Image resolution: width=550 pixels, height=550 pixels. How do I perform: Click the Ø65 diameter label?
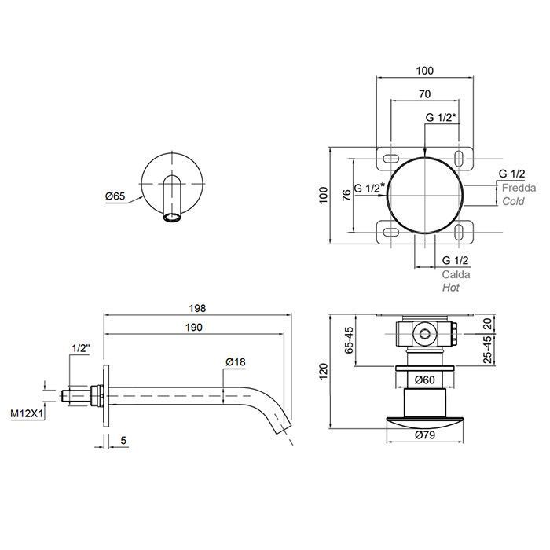[x=115, y=196]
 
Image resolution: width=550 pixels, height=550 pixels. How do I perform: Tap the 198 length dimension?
[x=197, y=308]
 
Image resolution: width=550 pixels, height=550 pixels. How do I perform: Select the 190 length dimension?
[x=194, y=328]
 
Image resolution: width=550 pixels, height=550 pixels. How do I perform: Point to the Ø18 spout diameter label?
[x=236, y=361]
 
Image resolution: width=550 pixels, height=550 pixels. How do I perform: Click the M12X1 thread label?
[x=27, y=414]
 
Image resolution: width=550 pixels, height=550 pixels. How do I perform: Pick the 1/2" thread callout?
[x=81, y=348]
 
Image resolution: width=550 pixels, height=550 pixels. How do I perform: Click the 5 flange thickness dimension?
[x=123, y=440]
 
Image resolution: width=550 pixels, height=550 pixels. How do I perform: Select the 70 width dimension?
[x=425, y=94]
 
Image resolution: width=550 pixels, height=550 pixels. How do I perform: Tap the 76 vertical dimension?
[x=346, y=196]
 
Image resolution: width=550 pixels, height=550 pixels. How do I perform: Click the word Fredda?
[x=519, y=188]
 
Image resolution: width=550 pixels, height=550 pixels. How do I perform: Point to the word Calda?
[x=456, y=274]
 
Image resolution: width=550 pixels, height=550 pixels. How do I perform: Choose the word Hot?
[x=451, y=288]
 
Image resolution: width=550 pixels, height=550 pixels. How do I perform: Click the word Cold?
[x=514, y=201]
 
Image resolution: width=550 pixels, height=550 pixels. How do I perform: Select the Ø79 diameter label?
[x=425, y=435]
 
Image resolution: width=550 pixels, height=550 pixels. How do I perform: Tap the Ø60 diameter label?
[x=424, y=379]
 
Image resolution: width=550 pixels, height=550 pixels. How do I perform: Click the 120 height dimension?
[x=324, y=371]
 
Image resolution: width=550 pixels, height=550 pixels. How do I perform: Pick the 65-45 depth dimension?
[x=349, y=340]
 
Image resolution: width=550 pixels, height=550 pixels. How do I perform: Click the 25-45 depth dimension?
[x=488, y=350]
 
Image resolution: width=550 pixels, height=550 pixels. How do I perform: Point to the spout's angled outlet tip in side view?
[x=284, y=427]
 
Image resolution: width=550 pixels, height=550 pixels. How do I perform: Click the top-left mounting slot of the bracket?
[x=390, y=159]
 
